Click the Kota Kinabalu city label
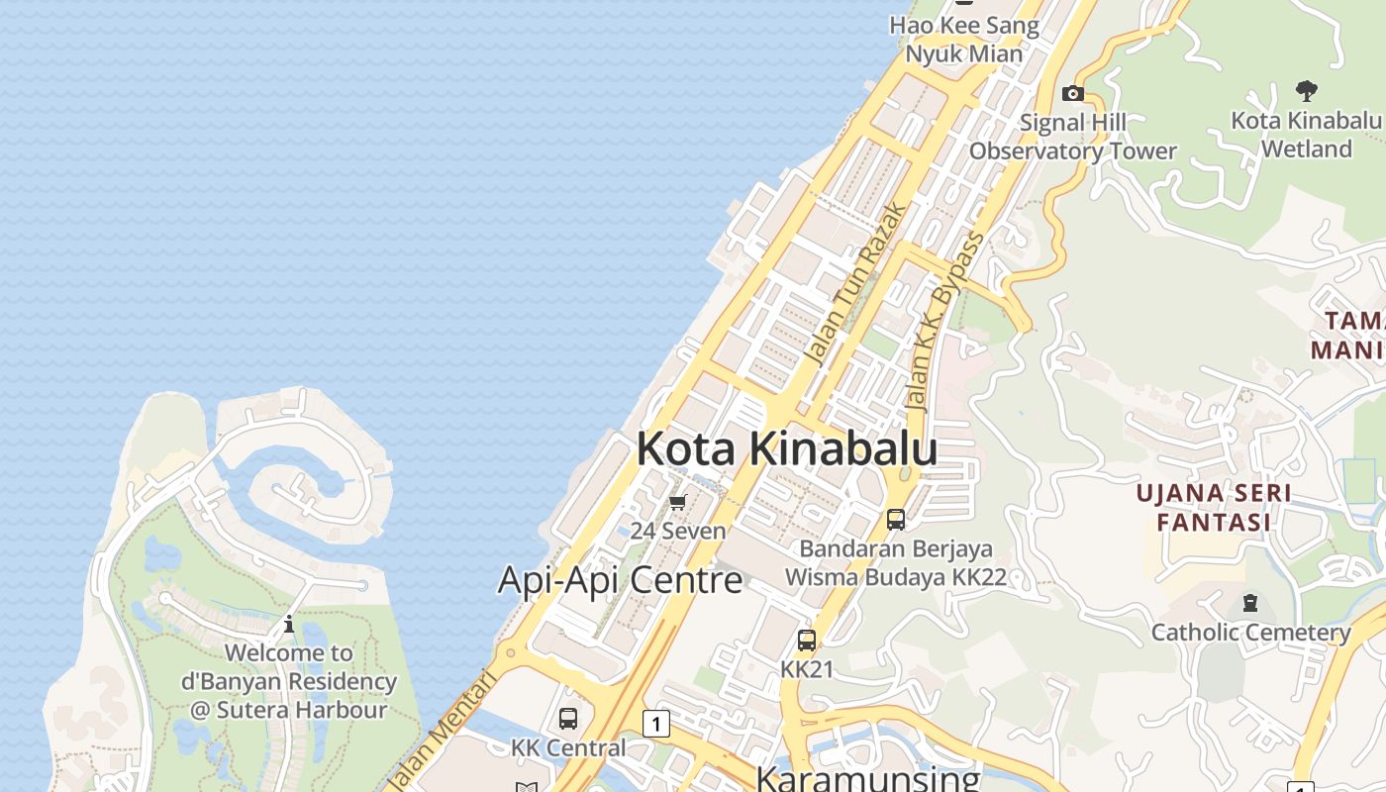pos(786,449)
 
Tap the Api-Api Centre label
pos(620,580)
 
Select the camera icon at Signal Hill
pos(1072,94)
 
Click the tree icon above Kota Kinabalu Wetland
pos(1306,91)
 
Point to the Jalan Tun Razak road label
pos(855,285)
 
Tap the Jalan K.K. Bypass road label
pos(945,323)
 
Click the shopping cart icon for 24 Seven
pos(678,503)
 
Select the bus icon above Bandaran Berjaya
pos(896,519)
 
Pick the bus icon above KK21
pos(807,641)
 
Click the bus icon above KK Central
pos(568,719)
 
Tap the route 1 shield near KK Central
pos(655,724)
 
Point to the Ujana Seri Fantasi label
pos(1213,508)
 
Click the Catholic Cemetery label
pos(1250,632)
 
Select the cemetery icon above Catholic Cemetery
pos(1250,603)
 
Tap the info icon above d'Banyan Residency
pos(289,625)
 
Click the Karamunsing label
pos(867,778)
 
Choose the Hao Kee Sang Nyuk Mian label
pos(963,40)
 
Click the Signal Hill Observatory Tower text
pos(1073,138)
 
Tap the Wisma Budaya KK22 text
pos(895,577)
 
